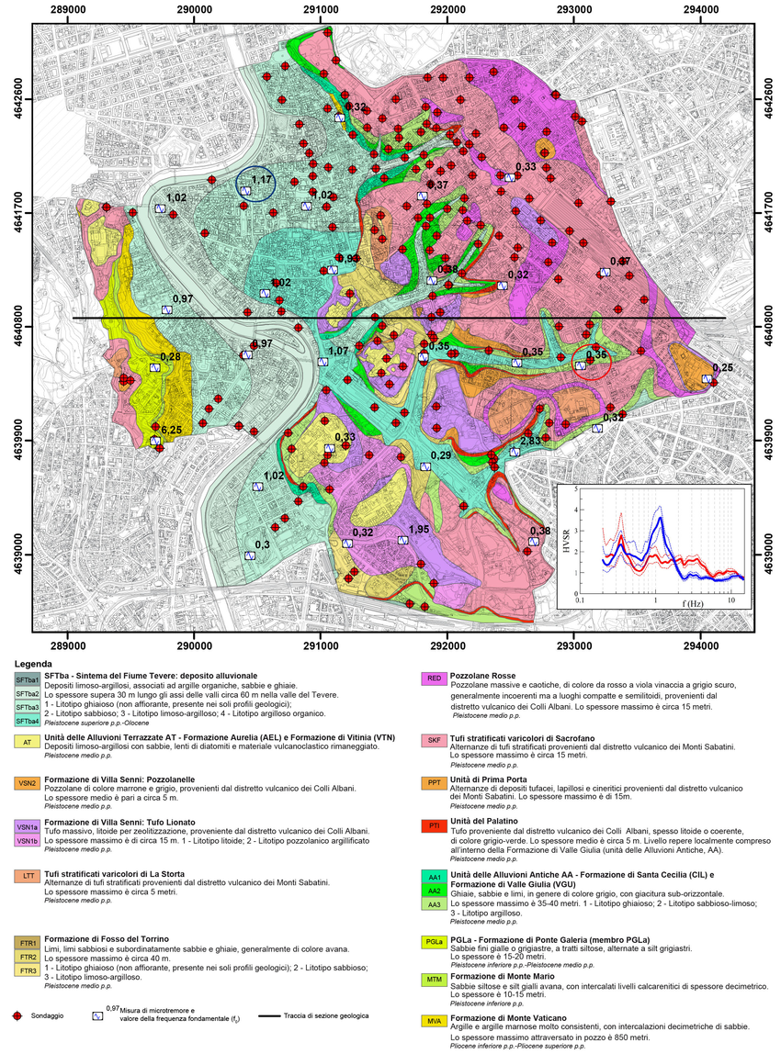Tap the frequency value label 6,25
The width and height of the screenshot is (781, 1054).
[x=171, y=430]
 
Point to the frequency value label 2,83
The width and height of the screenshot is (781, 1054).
[x=529, y=442]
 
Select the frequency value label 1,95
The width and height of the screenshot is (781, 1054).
[x=419, y=530]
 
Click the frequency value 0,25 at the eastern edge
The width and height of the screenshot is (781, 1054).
[x=722, y=367]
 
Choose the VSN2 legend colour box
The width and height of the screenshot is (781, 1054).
[x=26, y=783]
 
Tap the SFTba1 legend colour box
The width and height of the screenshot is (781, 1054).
[x=26, y=678]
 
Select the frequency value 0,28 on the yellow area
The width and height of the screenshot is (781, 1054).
[x=171, y=356]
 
